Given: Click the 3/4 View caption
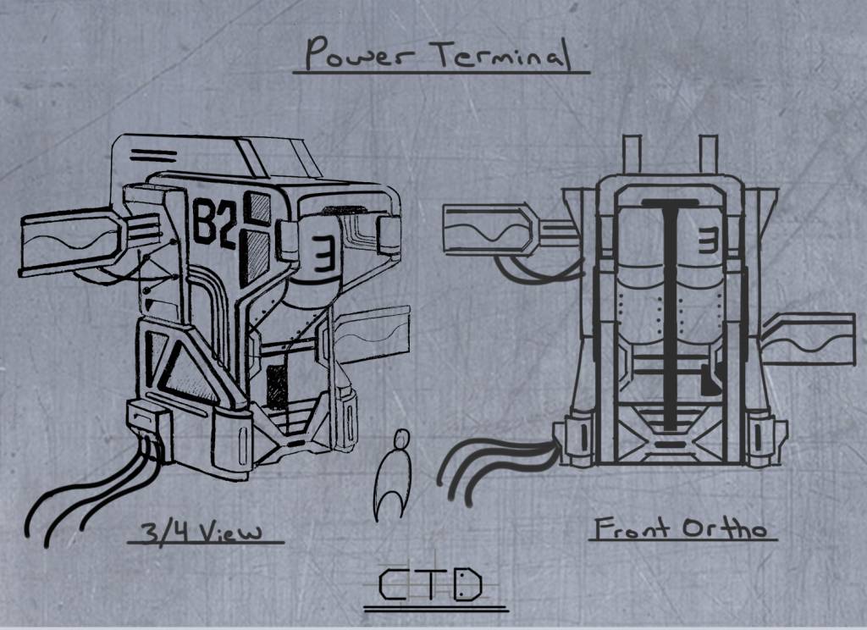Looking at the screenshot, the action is [x=202, y=532].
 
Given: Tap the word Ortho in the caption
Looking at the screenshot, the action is [x=725, y=528].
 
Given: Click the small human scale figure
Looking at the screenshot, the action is [x=393, y=475].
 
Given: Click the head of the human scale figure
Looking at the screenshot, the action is [x=401, y=439].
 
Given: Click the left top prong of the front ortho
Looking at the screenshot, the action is [x=632, y=154].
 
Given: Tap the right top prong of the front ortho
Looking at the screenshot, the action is [x=709, y=154].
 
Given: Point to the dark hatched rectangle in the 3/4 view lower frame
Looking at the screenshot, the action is [x=277, y=387].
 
